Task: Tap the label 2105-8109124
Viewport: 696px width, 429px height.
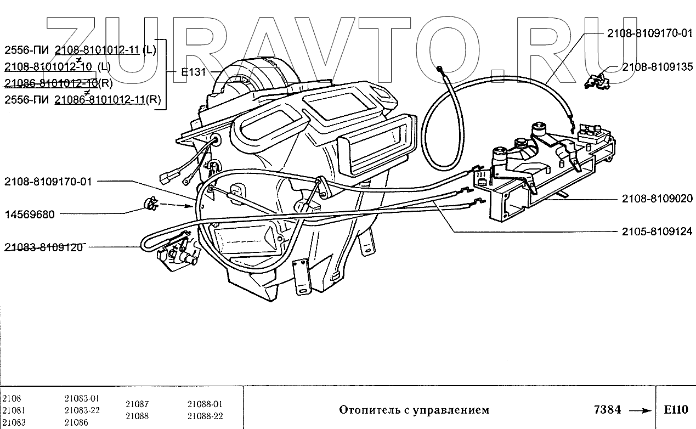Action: click(658, 232)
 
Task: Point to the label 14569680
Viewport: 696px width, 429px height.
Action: click(30, 214)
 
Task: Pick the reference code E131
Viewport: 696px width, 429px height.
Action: click(193, 72)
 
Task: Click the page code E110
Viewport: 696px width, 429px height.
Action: click(675, 410)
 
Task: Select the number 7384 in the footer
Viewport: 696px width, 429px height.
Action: click(607, 410)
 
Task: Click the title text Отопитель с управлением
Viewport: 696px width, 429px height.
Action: click(414, 410)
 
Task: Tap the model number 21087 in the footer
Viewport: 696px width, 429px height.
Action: click(137, 404)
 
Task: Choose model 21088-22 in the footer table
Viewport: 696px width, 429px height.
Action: click(205, 416)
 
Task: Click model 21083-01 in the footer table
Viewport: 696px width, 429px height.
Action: click(81, 398)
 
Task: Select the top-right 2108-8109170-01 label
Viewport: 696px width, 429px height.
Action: click(650, 33)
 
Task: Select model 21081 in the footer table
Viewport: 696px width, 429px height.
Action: click(14, 410)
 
